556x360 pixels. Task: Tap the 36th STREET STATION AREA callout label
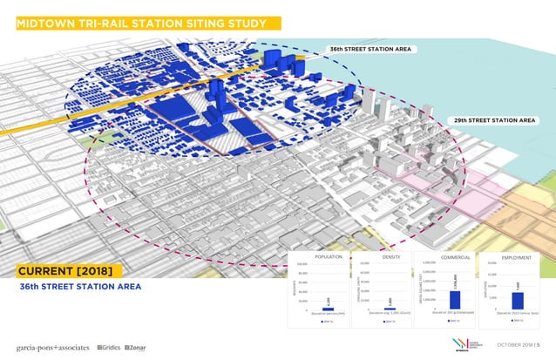pos(369,49)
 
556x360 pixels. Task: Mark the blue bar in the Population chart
pos(327,309)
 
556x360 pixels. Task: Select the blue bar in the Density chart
pos(389,309)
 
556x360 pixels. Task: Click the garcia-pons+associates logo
pos(52,347)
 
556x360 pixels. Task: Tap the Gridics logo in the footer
pos(109,347)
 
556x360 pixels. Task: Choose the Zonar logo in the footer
pos(136,347)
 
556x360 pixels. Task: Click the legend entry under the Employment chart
pos(517,321)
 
